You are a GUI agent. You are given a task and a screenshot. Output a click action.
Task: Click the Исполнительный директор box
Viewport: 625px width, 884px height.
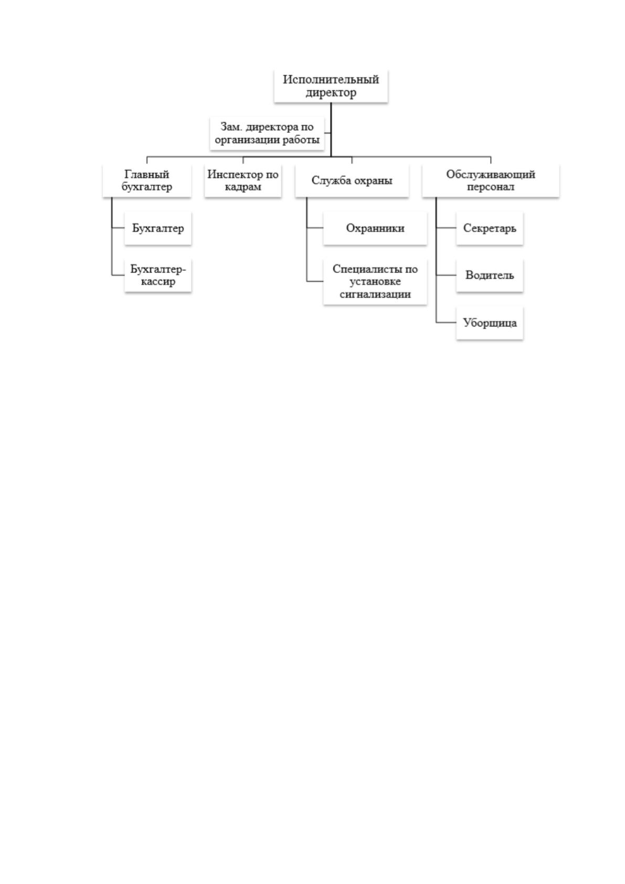coord(331,86)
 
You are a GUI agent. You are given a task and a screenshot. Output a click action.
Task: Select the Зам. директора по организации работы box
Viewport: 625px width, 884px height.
coord(267,133)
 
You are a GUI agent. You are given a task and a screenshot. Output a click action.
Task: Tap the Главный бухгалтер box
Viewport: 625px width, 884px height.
coord(147,181)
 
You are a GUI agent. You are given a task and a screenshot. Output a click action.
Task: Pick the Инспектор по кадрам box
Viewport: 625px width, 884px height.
coord(242,181)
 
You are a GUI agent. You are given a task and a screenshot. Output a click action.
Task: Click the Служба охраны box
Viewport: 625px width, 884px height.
coord(352,181)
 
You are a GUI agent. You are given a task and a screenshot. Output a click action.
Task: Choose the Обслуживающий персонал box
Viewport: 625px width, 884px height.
coord(491,181)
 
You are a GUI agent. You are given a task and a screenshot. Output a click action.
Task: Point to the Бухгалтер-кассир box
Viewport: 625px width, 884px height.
coord(158,276)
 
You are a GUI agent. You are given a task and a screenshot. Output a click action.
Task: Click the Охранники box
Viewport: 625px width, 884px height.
coord(375,228)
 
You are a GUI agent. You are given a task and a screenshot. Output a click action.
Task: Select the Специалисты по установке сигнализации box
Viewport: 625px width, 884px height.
coord(375,282)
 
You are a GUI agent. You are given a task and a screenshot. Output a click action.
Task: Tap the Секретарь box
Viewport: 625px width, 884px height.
coord(490,228)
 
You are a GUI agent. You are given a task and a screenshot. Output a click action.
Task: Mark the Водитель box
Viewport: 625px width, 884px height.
coord(490,276)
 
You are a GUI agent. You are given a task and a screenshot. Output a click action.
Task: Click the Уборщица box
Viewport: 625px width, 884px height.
coord(490,323)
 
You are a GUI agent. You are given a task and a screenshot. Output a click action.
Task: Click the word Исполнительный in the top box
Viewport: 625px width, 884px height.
coord(331,79)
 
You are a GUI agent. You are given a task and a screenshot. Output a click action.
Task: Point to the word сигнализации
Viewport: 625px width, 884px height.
coord(375,294)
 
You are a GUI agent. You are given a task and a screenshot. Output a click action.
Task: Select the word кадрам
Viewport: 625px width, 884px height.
coord(242,187)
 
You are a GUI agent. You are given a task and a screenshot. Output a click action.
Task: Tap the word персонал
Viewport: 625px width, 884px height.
coord(491,187)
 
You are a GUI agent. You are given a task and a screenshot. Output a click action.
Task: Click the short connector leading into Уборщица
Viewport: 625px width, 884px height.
coord(446,323)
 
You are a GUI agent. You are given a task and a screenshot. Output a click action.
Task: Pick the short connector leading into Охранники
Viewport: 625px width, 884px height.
coord(315,228)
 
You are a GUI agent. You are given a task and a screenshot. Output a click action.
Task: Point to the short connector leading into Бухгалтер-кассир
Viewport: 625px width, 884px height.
coord(118,276)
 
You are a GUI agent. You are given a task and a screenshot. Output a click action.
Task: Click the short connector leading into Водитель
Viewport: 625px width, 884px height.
coord(446,276)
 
